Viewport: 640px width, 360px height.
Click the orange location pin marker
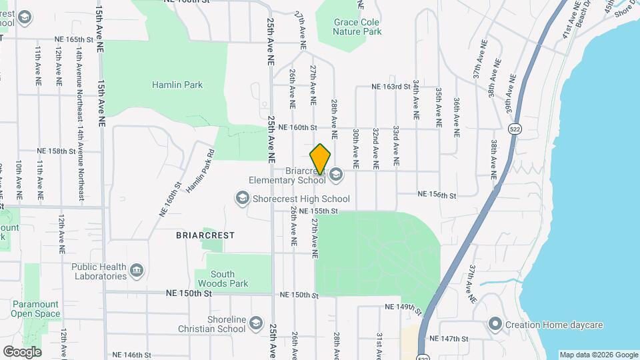(321, 160)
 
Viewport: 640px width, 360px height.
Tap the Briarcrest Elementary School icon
(335, 175)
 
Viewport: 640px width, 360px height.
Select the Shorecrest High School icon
(242, 198)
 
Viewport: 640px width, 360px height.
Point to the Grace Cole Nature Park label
(357, 27)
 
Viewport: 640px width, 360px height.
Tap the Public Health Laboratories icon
(137, 271)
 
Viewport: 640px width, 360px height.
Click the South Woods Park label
(223, 279)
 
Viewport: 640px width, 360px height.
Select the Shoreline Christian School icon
(256, 324)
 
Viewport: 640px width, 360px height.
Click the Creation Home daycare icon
(495, 325)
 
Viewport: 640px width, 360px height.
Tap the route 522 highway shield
(514, 128)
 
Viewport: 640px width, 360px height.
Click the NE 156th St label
(437, 195)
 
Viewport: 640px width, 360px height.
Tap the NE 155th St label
(320, 211)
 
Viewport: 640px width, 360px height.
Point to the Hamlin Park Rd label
(200, 171)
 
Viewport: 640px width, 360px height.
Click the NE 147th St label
(449, 339)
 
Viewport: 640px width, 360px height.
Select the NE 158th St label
(57, 151)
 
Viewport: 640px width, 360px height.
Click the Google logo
(22, 351)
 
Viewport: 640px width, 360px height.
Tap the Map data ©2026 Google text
(598, 355)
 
